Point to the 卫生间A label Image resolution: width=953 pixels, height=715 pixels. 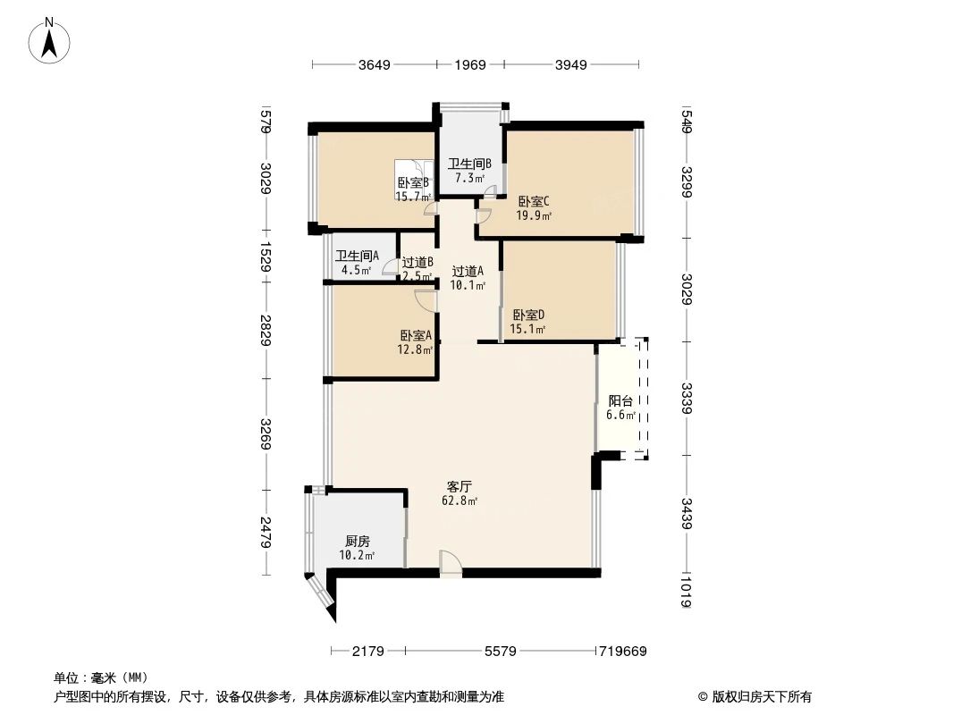click(x=357, y=256)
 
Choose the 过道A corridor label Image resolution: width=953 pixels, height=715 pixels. click(x=468, y=272)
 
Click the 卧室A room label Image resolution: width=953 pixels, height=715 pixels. click(x=416, y=335)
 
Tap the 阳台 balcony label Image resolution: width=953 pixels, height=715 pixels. click(x=620, y=401)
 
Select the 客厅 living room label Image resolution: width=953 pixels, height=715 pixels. click(x=460, y=487)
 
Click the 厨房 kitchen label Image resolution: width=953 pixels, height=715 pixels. click(x=357, y=542)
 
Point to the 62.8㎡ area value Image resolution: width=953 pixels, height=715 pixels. click(x=460, y=501)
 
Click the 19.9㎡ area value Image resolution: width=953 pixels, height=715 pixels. click(x=534, y=215)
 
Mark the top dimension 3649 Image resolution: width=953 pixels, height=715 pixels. click(x=374, y=64)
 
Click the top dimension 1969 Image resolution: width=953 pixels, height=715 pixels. click(x=469, y=64)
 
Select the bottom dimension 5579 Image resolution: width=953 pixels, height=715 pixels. click(x=501, y=652)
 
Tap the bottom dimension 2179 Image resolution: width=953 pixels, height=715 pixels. click(x=367, y=652)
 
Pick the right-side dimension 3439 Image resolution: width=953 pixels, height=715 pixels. click(x=687, y=512)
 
